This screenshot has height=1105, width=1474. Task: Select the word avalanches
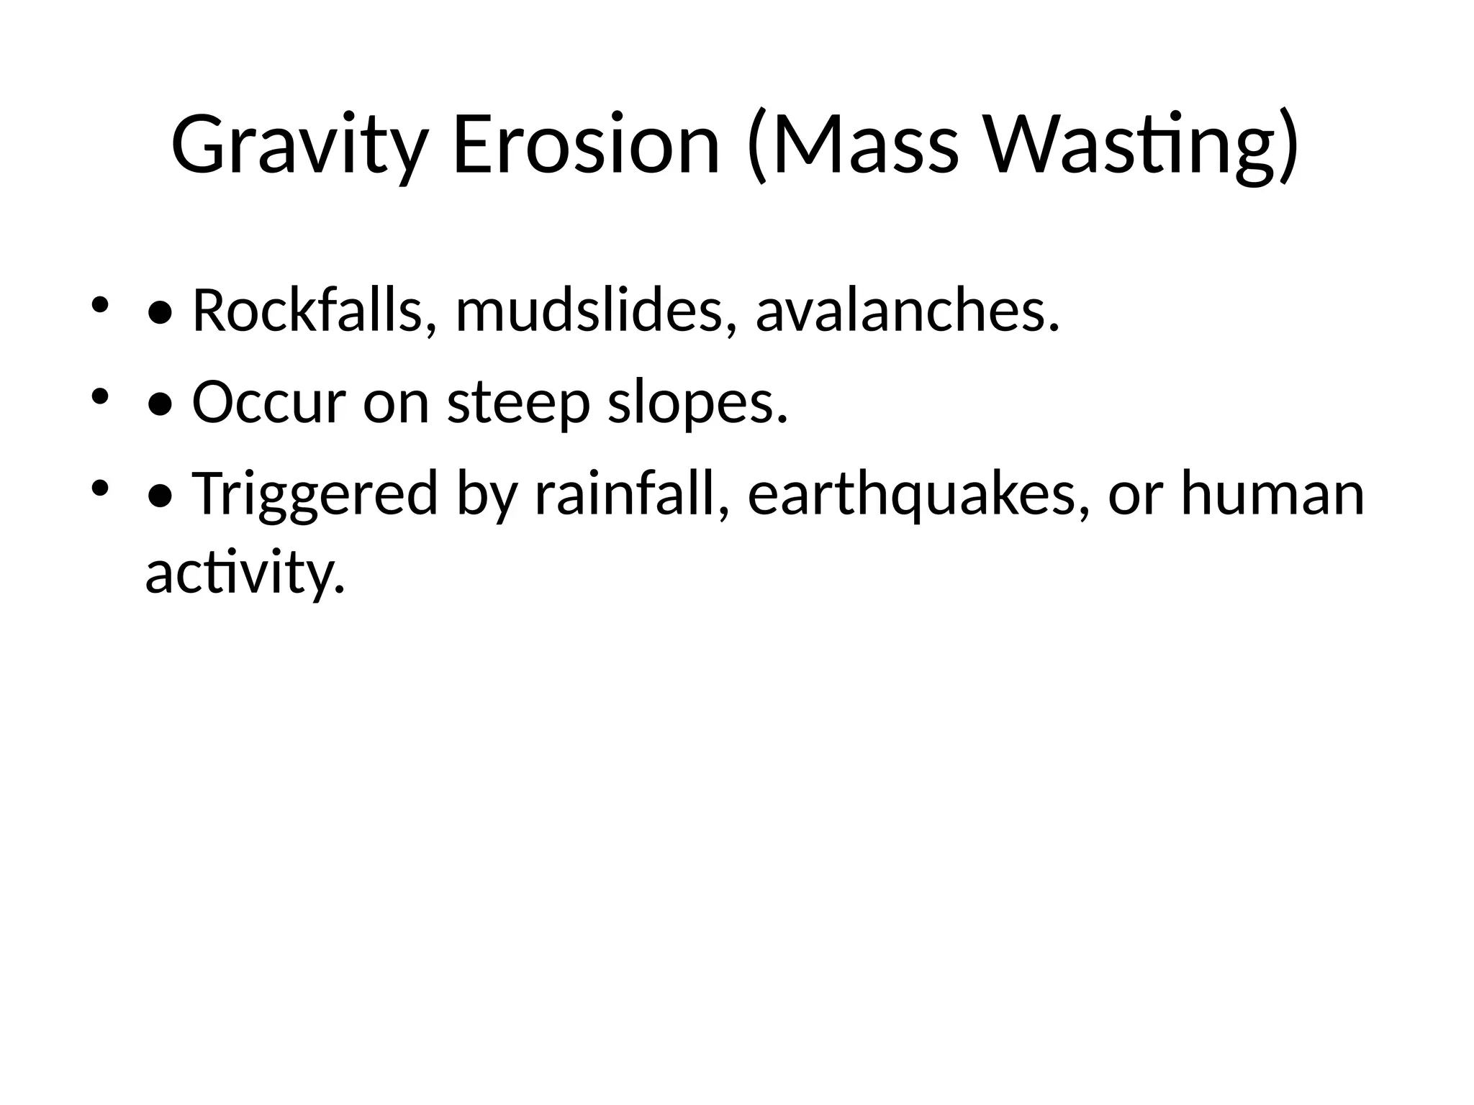click(908, 311)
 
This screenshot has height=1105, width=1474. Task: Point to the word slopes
click(697, 402)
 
